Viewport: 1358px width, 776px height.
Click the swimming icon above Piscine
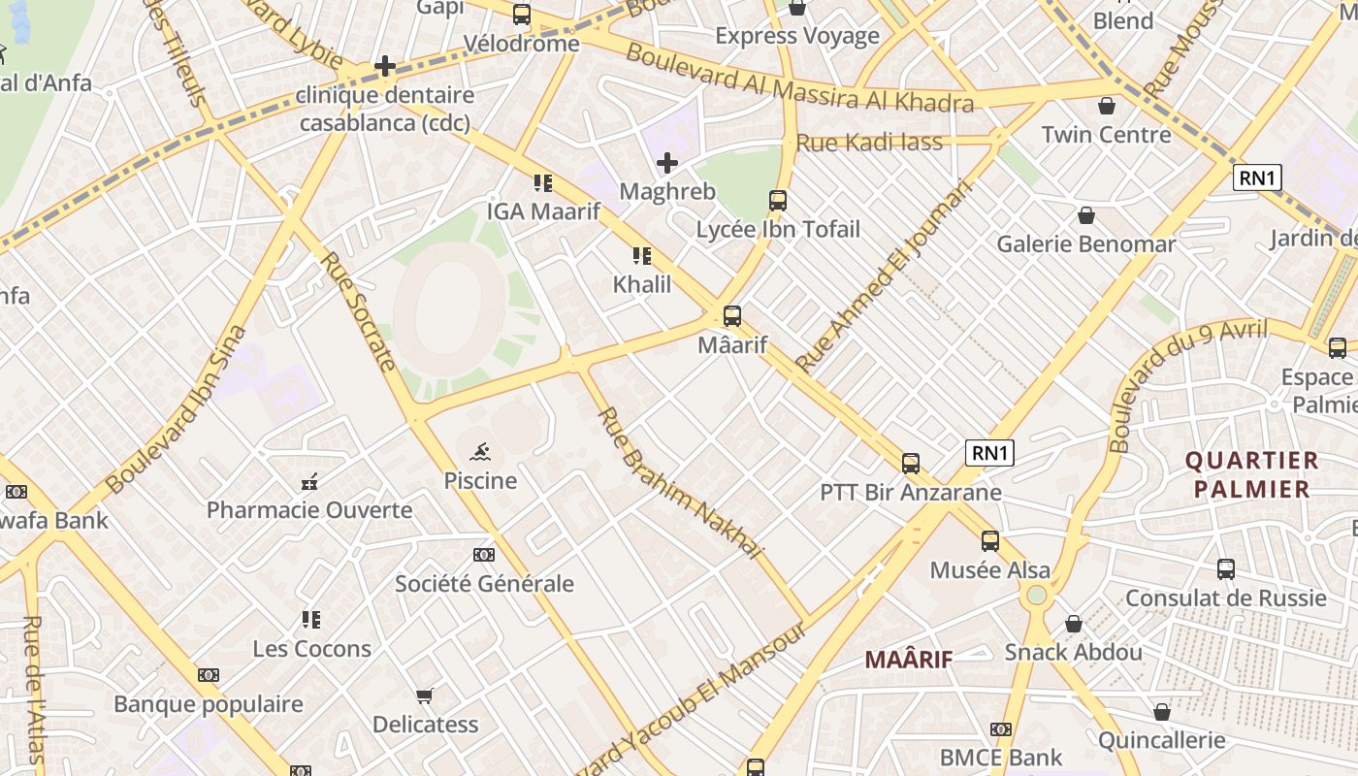click(x=480, y=452)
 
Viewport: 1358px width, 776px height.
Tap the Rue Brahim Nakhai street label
click(x=678, y=482)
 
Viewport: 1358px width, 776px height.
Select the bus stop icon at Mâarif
click(x=732, y=315)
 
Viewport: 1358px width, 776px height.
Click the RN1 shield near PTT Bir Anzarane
click(x=989, y=453)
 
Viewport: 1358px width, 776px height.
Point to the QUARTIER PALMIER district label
click(x=1252, y=474)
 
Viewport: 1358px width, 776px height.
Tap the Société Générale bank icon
click(x=483, y=555)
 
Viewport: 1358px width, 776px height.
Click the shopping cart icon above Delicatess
click(x=424, y=695)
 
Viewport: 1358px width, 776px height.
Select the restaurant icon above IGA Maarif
click(x=542, y=182)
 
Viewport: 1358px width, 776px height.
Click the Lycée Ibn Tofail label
click(x=778, y=230)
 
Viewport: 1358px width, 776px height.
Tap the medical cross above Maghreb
click(x=666, y=163)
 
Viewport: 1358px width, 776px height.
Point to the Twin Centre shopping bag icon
click(x=1107, y=106)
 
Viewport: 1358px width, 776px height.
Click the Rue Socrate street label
click(x=358, y=311)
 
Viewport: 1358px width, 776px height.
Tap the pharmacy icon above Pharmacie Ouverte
click(x=309, y=481)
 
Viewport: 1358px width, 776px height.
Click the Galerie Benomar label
click(x=1085, y=243)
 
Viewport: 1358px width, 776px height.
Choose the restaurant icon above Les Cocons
click(x=310, y=619)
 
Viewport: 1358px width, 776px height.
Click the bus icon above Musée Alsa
click(x=989, y=541)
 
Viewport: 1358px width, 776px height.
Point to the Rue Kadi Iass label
click(x=868, y=144)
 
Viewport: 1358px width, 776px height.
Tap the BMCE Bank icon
click(x=1001, y=729)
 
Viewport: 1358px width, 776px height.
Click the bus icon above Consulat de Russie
click(x=1225, y=569)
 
